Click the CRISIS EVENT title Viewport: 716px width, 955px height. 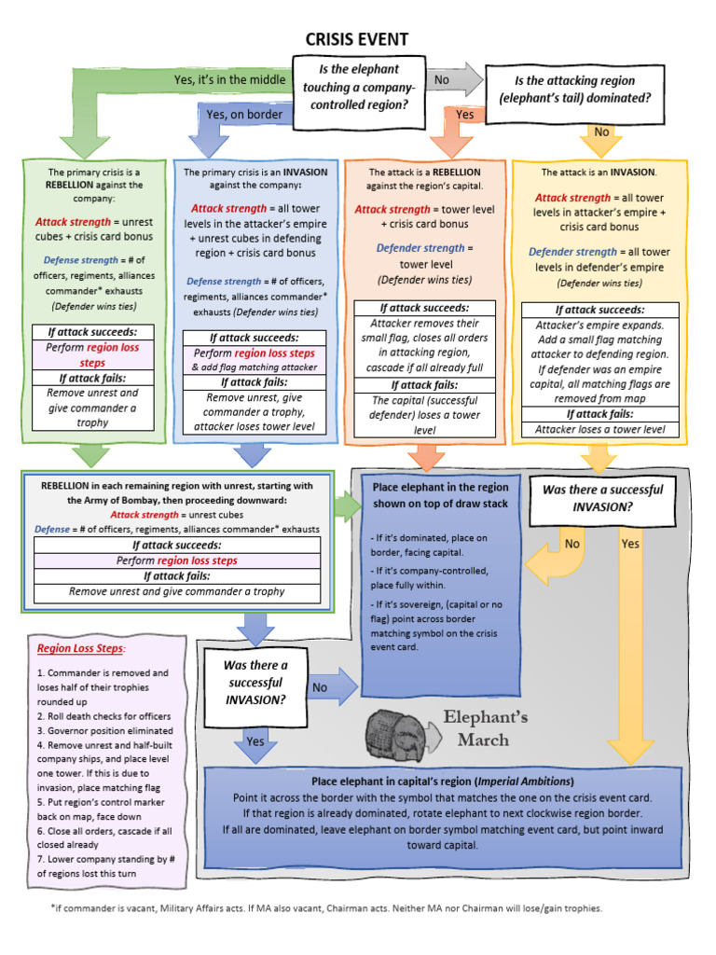pos(357,38)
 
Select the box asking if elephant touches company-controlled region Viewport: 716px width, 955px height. pos(359,87)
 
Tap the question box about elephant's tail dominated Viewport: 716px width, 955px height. pos(575,89)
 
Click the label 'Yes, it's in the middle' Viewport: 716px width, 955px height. pos(229,80)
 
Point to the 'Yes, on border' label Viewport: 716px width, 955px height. pos(244,115)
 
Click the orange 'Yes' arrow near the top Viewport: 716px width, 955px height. pos(464,115)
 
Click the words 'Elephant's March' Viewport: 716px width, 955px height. pos(485,728)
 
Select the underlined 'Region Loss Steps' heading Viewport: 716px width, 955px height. pos(80,649)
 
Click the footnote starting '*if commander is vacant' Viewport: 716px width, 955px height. pos(326,907)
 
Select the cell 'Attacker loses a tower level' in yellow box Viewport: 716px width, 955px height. pos(599,429)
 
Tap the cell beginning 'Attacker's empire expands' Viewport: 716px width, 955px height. pos(599,354)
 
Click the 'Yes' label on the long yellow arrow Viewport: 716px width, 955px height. pos(631,544)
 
